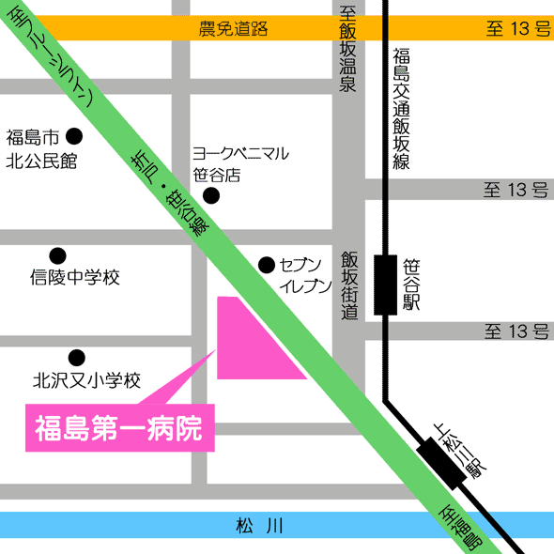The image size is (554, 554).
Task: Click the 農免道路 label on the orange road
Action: click(233, 29)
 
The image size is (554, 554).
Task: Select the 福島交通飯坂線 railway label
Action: click(402, 108)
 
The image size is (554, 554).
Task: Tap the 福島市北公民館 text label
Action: click(40, 148)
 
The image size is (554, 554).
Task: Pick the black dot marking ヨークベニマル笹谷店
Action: click(211, 195)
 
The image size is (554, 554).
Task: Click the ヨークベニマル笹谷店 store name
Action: click(240, 163)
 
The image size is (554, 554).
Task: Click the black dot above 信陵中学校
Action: click(57, 254)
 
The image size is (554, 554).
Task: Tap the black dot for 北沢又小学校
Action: click(76, 357)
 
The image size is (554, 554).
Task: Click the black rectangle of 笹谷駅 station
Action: click(385, 284)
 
